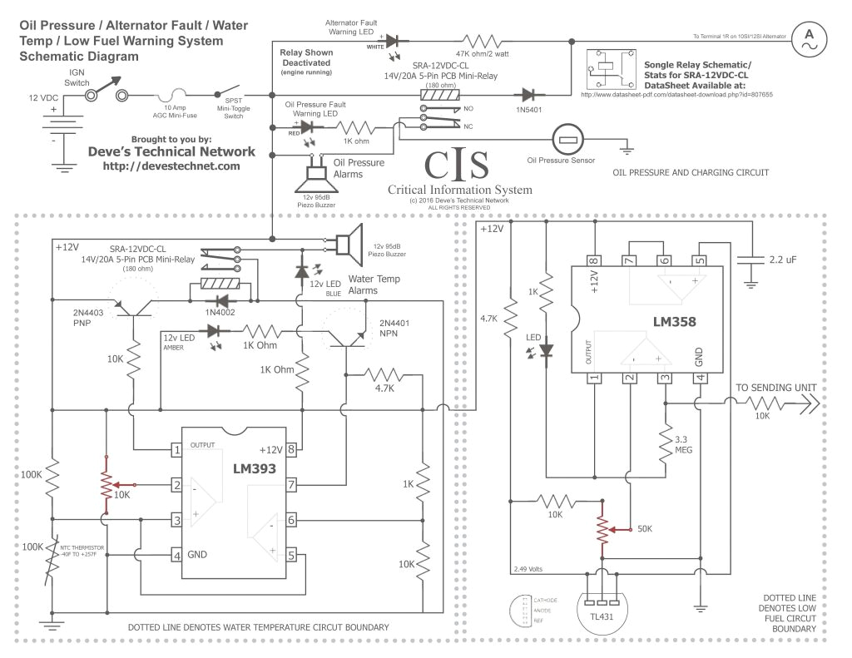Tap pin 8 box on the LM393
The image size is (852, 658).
(292, 450)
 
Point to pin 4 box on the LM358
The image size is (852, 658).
(700, 378)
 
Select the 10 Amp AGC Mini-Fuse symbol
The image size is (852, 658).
(179, 96)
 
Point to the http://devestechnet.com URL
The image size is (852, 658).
(171, 166)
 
